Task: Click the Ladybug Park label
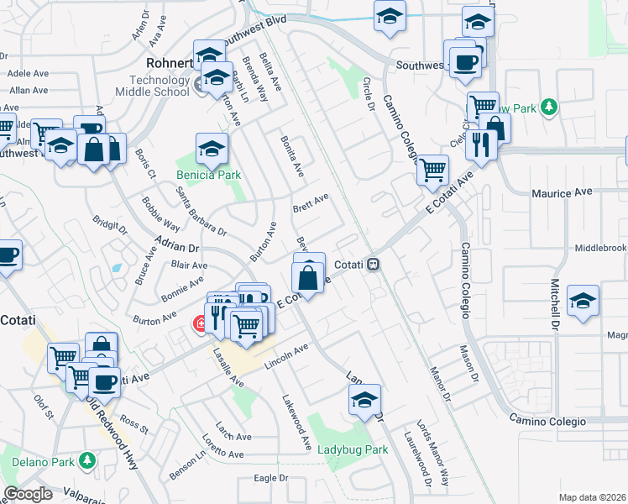[353, 449]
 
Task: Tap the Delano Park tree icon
[87, 460]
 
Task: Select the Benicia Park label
[208, 176]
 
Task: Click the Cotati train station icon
[373, 264]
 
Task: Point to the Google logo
[29, 494]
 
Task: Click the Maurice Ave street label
[562, 193]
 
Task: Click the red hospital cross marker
[201, 323]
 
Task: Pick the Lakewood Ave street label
[296, 420]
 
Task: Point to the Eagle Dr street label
[271, 479]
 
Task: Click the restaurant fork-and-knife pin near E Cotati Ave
[481, 143]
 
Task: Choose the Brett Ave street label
[310, 203]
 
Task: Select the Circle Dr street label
[367, 93]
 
